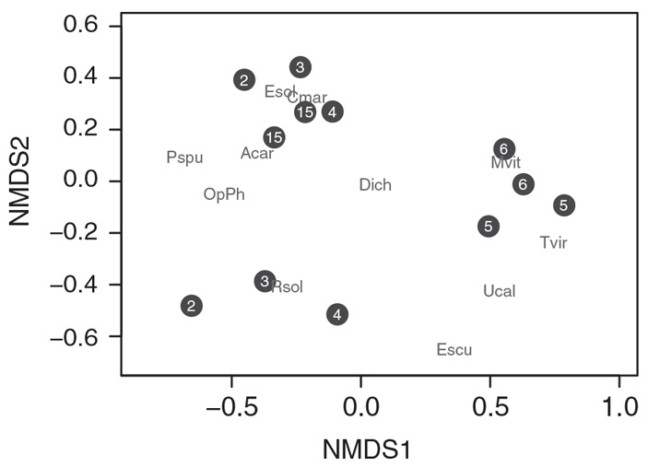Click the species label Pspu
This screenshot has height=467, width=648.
coord(184,158)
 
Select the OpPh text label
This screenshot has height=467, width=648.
coord(224,194)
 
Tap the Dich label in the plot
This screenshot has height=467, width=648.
coord(375,185)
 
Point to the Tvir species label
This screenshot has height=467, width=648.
coord(553,243)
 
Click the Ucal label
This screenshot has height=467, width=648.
coord(499,291)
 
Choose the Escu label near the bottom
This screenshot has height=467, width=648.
coord(454,350)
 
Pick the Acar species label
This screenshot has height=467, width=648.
coord(257,153)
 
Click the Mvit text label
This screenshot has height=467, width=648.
coord(506,163)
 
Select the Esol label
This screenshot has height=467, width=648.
coord(280,91)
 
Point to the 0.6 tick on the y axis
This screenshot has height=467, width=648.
coord(79,26)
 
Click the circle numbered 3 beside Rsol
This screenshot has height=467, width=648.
coord(265,281)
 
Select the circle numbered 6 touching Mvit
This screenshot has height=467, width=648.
coord(503,148)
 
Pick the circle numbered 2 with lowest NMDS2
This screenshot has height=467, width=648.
coord(191,306)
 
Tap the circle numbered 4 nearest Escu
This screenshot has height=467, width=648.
coord(337,314)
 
